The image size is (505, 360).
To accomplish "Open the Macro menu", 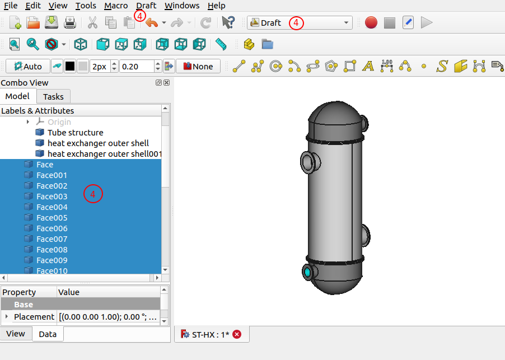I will (116, 6).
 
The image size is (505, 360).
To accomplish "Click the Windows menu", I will (182, 6).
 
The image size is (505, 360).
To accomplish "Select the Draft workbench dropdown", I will (300, 23).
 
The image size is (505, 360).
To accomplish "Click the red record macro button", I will (371, 23).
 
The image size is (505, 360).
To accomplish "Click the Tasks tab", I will (53, 96).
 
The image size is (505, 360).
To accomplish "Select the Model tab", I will (17, 96).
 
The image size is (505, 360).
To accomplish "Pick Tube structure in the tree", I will (75, 133).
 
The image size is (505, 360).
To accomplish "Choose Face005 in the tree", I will (52, 218).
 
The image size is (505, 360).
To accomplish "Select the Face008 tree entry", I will (52, 250).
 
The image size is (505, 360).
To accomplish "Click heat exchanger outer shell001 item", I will (105, 154).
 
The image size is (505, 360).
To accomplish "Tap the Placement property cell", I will (34, 317).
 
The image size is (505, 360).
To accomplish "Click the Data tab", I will (48, 334).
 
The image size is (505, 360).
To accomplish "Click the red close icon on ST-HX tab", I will (237, 334).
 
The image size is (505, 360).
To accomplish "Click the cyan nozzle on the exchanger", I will (307, 273).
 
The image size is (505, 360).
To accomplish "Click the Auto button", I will (28, 66).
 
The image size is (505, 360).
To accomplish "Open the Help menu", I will (216, 6).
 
